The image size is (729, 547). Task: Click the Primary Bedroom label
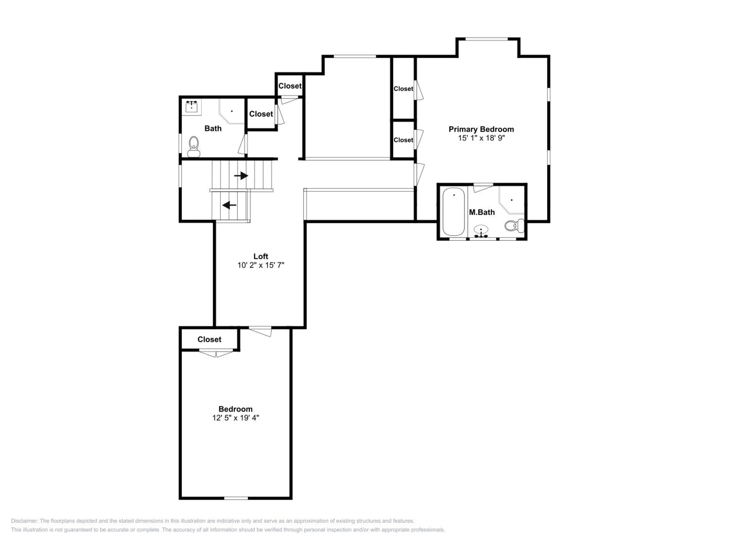click(481, 129)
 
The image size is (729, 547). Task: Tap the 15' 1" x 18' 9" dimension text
click(481, 138)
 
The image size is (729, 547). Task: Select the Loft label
click(261, 256)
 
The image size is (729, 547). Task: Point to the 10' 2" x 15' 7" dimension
click(261, 265)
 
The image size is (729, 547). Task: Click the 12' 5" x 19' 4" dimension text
click(236, 418)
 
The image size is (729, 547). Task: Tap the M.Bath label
click(482, 212)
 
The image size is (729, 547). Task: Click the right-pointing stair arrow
click(241, 176)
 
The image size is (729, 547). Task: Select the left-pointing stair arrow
click(229, 205)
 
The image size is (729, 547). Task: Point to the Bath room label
click(213, 129)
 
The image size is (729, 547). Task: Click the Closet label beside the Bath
click(261, 114)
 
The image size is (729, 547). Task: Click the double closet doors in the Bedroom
click(216, 353)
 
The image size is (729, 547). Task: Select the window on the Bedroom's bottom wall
click(236, 498)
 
